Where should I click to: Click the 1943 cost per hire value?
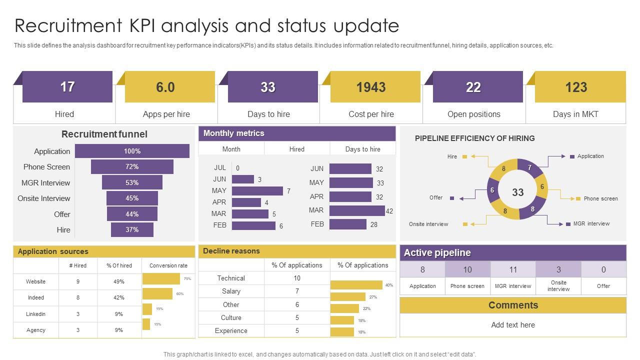click(371, 87)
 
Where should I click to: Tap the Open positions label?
click(473, 114)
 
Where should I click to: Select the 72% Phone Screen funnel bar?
click(132, 166)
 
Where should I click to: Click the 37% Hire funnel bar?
click(132, 229)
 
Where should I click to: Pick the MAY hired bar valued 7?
click(257, 190)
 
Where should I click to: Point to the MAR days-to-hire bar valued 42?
click(357, 210)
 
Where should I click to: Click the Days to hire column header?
click(362, 149)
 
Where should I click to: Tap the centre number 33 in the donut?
click(518, 192)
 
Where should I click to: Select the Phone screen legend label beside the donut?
click(600, 198)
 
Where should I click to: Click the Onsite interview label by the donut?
click(428, 224)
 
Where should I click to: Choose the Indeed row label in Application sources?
click(36, 297)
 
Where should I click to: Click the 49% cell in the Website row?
click(119, 281)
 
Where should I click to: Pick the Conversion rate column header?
click(168, 265)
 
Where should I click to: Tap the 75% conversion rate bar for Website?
click(161, 278)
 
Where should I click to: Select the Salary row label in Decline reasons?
click(231, 291)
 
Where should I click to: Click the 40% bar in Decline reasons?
click(356, 285)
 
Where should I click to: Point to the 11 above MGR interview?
click(513, 269)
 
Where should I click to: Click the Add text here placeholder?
click(513, 325)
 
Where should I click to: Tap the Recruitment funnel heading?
click(104, 134)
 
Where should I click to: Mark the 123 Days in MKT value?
click(576, 87)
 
